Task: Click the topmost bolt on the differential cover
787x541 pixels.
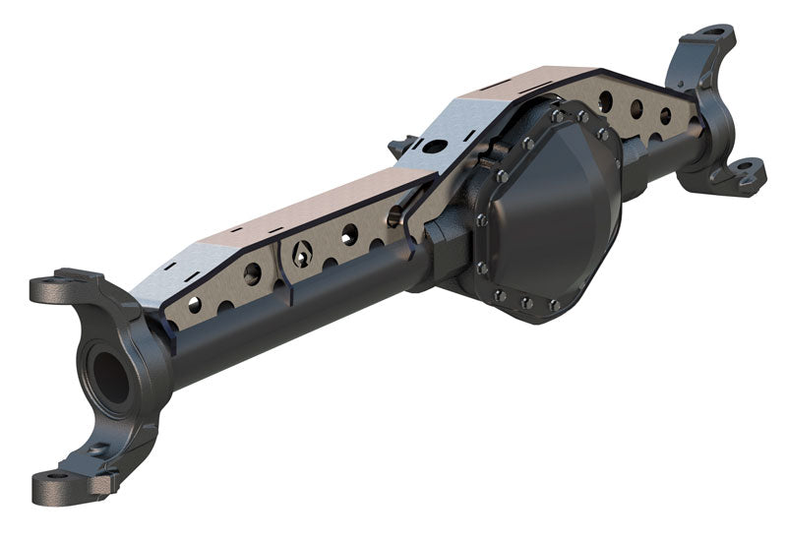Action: point(558,116)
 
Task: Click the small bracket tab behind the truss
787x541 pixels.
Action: point(398,148)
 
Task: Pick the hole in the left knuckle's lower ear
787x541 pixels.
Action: point(59,482)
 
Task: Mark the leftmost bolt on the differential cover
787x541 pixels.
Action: point(480,219)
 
